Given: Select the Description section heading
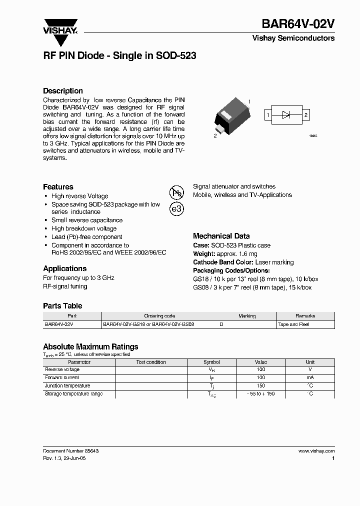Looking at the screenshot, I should click(x=63, y=91).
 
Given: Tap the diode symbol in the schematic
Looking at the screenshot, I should click(x=286, y=115).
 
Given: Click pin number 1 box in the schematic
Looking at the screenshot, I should click(x=268, y=115).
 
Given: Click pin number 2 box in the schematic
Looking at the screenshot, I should click(x=305, y=115).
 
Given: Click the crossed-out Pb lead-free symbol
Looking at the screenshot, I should click(x=177, y=192).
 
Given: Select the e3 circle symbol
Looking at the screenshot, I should click(x=177, y=209).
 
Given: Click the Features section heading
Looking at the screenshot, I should click(x=58, y=186).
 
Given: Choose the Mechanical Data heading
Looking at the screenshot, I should click(x=221, y=236).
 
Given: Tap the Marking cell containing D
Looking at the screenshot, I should click(x=221, y=324).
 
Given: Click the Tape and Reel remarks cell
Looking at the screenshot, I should click(x=293, y=324).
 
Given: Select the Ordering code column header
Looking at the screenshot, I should click(x=159, y=316).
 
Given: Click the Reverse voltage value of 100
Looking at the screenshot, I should click(x=260, y=369).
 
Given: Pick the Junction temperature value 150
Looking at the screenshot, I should click(x=260, y=386).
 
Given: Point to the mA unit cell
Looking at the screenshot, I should click(x=310, y=377).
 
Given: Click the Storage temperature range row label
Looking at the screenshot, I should click(x=73, y=394).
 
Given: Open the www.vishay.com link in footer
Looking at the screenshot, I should click(x=316, y=450).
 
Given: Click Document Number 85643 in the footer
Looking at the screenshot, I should click(x=70, y=450).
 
